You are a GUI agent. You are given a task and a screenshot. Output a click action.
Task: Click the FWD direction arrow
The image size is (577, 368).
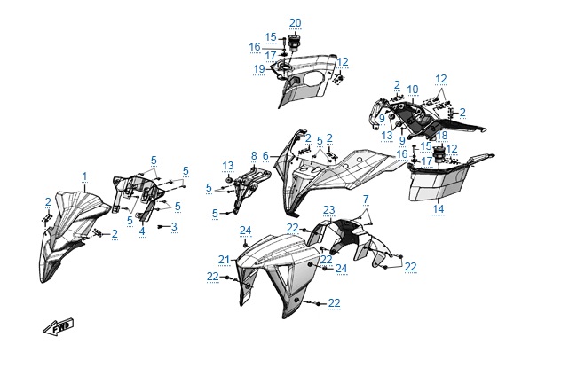point(59,326)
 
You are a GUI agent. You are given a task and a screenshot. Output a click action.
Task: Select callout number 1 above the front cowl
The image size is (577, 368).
point(85,176)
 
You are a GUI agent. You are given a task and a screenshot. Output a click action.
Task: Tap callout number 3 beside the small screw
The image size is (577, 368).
point(174,227)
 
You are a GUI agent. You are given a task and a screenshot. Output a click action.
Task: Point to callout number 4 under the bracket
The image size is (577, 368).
point(142,231)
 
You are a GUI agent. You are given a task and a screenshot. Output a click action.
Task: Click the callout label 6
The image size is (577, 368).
point(265,155)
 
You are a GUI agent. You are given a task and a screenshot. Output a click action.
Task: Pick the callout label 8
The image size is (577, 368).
point(253,155)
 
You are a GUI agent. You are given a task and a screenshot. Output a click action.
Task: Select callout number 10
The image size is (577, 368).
point(413,89)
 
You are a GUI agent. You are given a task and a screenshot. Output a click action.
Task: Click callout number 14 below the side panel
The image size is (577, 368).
point(438,209)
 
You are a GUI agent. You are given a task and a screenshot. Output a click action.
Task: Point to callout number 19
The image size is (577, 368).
point(258,68)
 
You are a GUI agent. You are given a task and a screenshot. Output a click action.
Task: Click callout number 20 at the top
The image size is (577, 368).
point(295,22)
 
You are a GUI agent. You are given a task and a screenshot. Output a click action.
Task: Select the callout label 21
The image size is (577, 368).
point(225,260)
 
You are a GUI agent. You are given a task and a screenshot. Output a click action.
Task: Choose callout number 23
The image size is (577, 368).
point(328,210)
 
